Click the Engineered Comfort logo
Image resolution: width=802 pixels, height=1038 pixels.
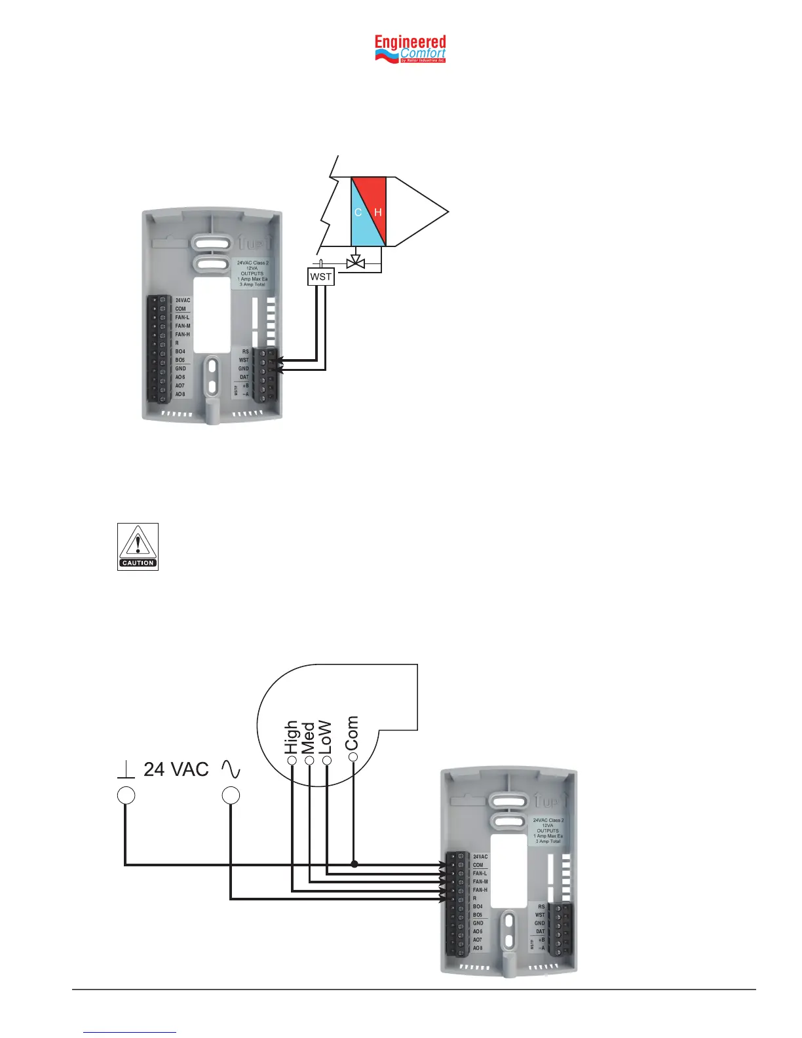click(x=410, y=49)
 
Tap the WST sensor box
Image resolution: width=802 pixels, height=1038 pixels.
click(x=321, y=277)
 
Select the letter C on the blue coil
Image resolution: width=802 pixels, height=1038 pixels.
click(x=358, y=212)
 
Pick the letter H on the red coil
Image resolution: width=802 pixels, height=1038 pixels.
click(x=378, y=212)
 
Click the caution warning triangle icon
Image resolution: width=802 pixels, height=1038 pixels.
click(x=138, y=547)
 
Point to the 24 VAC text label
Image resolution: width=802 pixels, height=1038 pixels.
click(x=176, y=769)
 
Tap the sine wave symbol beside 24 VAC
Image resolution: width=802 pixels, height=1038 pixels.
click(x=231, y=769)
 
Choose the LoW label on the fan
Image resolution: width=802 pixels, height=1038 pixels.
click(x=326, y=738)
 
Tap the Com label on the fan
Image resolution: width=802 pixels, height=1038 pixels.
click(x=353, y=733)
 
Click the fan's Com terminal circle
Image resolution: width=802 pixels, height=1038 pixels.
click(x=353, y=757)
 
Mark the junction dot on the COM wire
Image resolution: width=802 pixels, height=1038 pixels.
click(x=354, y=864)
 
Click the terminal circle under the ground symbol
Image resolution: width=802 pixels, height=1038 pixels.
click(x=126, y=796)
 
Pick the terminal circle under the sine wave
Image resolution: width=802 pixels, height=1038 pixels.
click(x=231, y=796)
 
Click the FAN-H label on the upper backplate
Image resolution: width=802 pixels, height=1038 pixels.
click(x=182, y=334)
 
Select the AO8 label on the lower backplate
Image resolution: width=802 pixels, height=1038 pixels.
click(x=478, y=948)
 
